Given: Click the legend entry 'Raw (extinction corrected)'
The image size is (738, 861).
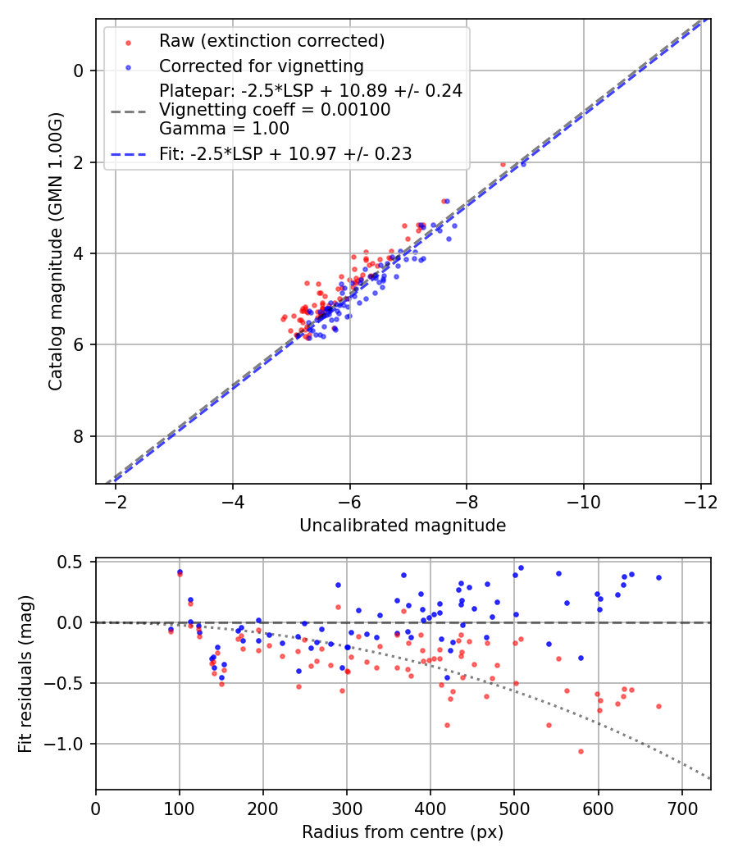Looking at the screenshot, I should (271, 41).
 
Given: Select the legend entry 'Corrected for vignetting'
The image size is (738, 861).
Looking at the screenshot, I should (261, 66).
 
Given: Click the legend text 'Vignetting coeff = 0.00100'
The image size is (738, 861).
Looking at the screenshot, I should (275, 109).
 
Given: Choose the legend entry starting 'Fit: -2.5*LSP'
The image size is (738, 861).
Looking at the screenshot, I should (285, 153).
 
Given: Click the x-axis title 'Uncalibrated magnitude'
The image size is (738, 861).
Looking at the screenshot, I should (403, 526).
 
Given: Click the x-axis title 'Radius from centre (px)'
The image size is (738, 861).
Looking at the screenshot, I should (403, 832).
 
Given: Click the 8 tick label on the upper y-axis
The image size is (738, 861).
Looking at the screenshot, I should (79, 436).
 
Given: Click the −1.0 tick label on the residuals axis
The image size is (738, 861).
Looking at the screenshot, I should (67, 744).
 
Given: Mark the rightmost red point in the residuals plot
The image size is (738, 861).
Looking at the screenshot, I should (658, 706).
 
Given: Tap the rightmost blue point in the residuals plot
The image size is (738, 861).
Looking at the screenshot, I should (658, 577).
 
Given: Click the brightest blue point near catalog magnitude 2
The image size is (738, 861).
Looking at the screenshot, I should (523, 164).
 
